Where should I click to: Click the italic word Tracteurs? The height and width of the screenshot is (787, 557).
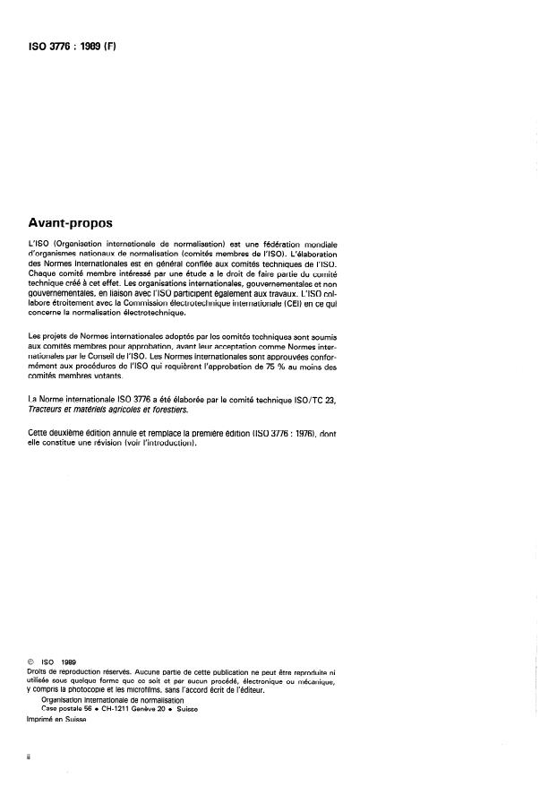tap(50, 410)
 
